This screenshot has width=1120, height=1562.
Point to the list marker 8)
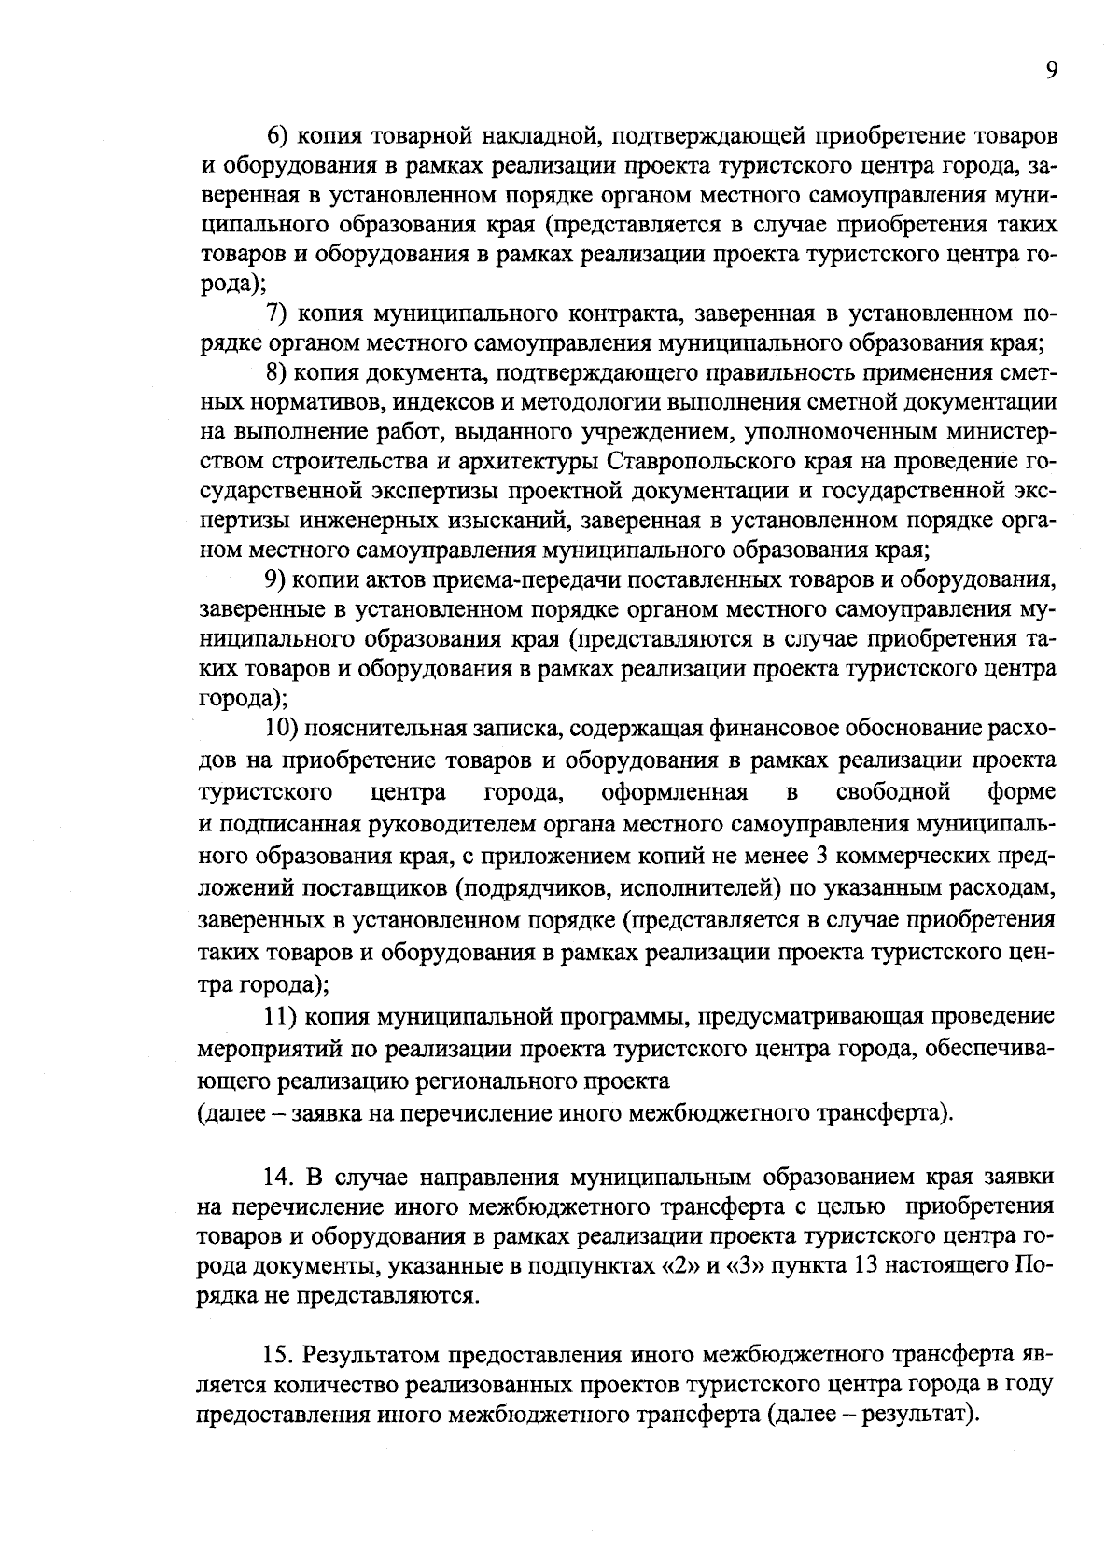280,372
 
